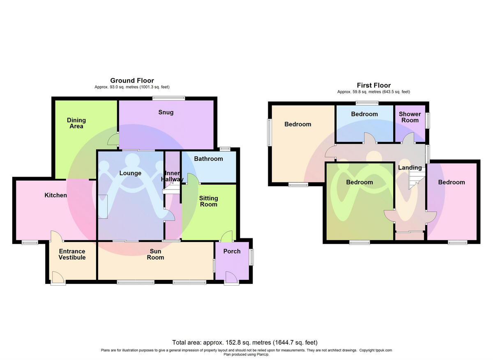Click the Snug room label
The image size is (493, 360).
[166, 112]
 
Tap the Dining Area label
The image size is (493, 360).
[76, 123]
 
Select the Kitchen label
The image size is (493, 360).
[55, 195]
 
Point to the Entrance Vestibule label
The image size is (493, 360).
[72, 254]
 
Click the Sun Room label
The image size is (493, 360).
[155, 254]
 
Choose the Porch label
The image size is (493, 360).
[232, 251]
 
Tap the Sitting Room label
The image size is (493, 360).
[208, 201]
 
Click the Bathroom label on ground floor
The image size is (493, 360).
[208, 159]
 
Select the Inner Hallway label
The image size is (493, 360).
[173, 176]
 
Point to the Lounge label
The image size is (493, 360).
[130, 173]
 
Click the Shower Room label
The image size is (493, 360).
[410, 117]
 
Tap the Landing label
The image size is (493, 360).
[410, 167]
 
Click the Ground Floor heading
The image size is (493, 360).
[132, 81]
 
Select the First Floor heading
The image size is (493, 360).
[373, 85]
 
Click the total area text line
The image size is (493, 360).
[244, 342]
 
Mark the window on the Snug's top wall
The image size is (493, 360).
[168, 98]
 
